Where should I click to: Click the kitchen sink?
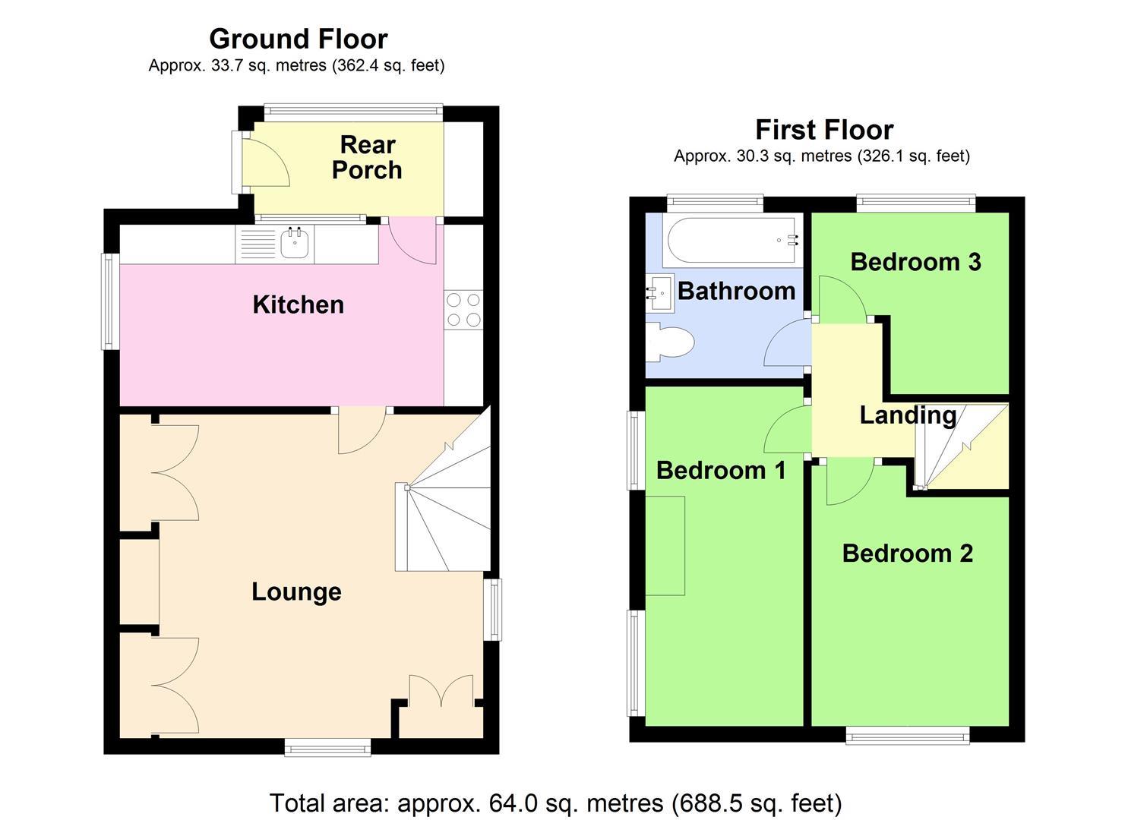294,244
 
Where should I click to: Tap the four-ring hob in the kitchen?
463,310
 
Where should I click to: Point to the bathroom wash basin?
658,293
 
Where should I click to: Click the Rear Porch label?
367,157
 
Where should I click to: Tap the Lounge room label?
296,591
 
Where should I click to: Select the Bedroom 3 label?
915,262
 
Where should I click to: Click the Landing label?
908,415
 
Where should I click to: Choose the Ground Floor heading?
298,38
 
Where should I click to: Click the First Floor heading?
823,129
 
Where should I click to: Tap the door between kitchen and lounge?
360,431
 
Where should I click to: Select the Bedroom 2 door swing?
847,483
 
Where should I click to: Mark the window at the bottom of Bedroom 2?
908,734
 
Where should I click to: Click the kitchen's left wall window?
111,301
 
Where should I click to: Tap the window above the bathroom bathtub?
715,203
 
